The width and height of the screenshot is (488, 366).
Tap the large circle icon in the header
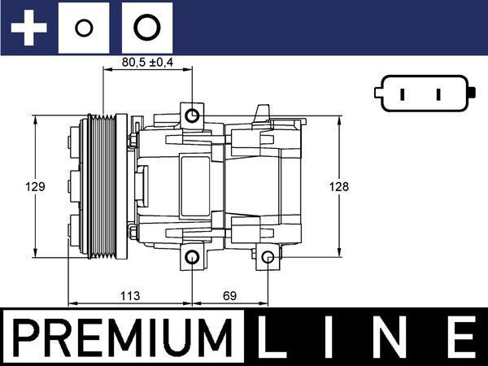tap(146, 28)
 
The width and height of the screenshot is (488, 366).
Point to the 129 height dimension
tap(35, 186)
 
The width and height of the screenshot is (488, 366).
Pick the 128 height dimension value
tap(339, 186)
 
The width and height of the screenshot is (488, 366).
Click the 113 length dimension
tap(130, 295)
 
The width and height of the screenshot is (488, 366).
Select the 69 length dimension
tap(229, 295)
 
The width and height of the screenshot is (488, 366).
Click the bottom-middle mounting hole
tap(193, 259)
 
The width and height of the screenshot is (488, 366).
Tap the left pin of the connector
tap(404, 94)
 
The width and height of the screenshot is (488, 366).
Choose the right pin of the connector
tap(438, 94)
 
